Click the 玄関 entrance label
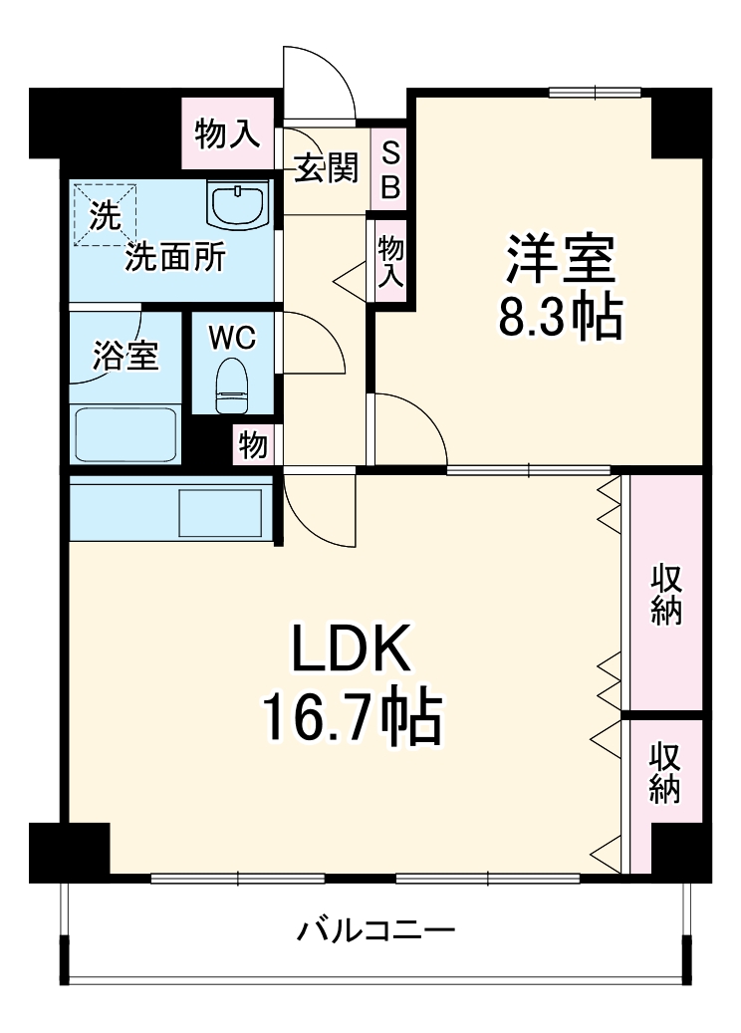pyautogui.click(x=325, y=170)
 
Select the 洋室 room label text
pyautogui.click(x=560, y=260)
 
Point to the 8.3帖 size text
pyautogui.click(x=560, y=318)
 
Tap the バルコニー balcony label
pyautogui.click(x=376, y=932)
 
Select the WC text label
pyautogui.click(x=232, y=338)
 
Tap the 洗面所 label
pyautogui.click(x=174, y=258)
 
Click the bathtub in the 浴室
pyautogui.click(x=125, y=433)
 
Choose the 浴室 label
pyautogui.click(x=125, y=356)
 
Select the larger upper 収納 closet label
pyautogui.click(x=666, y=595)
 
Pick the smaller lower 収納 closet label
pyautogui.click(x=665, y=772)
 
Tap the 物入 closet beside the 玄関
pyautogui.click(x=227, y=131)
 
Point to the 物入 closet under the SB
pyautogui.click(x=390, y=263)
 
